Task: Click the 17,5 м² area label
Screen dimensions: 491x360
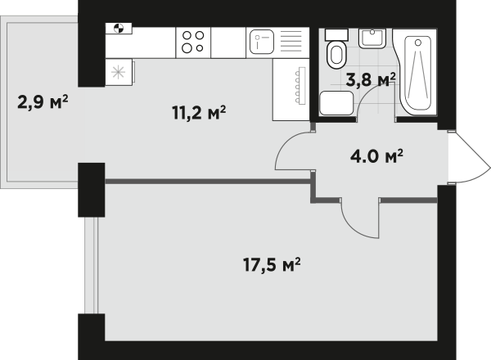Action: pos(272,265)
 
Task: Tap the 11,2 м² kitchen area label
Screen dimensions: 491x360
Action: pos(199,113)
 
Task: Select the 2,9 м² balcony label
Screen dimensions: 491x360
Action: pos(43,102)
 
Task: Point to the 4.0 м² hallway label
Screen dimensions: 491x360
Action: pos(376,156)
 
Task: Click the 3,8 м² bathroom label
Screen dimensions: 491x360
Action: pos(371,79)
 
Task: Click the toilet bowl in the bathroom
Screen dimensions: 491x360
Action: pos(336,55)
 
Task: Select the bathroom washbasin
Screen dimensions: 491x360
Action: pos(372,38)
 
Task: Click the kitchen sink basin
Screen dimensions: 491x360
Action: pos(262,42)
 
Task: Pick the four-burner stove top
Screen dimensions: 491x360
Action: pos(193,43)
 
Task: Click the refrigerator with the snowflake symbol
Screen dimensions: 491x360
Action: pos(119,72)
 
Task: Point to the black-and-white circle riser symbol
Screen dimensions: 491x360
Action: pos(119,28)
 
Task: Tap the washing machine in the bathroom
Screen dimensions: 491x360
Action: pos(336,103)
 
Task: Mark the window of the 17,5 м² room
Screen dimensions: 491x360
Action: pos(92,265)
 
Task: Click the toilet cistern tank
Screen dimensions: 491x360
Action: pos(336,34)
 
